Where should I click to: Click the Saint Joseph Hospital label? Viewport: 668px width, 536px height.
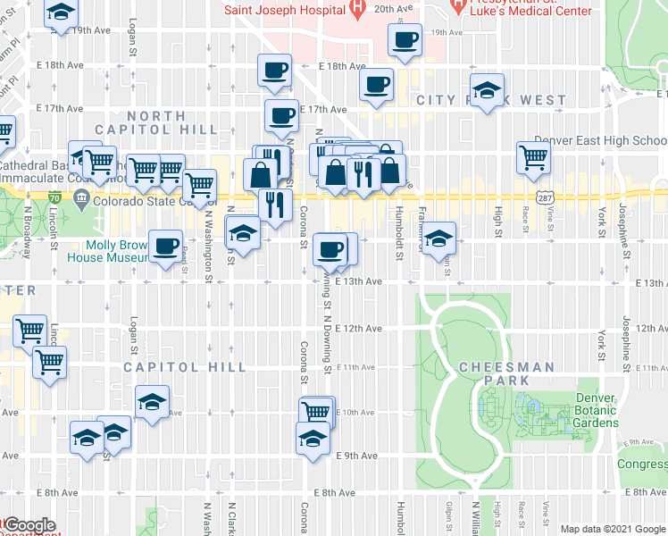click(x=284, y=11)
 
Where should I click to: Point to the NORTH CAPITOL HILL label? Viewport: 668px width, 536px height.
click(x=171, y=122)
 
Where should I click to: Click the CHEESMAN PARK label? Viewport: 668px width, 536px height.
click(x=506, y=373)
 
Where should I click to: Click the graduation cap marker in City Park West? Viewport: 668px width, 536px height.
click(x=487, y=91)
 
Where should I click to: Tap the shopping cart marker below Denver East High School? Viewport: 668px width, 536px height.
click(x=533, y=157)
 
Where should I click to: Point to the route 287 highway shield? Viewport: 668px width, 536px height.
click(x=543, y=195)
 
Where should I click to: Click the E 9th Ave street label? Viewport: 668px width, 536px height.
click(x=357, y=456)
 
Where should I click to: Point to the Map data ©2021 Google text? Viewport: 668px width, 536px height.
click(x=612, y=529)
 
